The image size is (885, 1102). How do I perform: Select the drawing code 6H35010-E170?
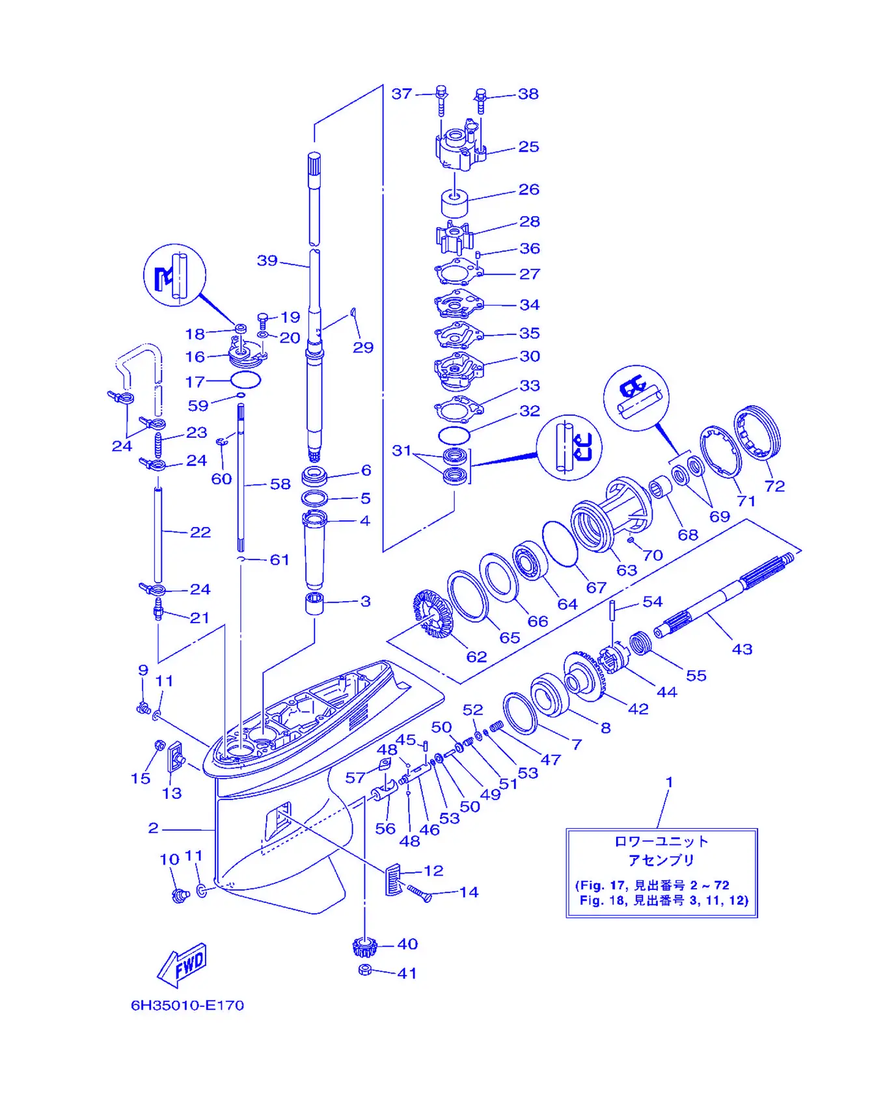point(187,1005)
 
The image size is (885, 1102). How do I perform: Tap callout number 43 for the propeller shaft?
point(742,649)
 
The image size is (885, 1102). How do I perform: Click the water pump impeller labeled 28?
point(454,238)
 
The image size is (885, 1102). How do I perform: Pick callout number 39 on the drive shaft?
point(267,260)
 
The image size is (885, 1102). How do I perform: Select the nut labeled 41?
point(365,970)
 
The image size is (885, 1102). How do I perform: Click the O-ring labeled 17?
point(245,379)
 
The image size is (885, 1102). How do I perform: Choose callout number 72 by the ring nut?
point(774,486)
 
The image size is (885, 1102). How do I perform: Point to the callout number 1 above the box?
point(669,782)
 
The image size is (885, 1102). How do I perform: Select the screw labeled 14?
point(419,893)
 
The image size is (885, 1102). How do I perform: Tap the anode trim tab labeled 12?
point(394,880)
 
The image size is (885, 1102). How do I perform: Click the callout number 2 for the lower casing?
point(153,827)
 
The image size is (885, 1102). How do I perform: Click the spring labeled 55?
point(641,643)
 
